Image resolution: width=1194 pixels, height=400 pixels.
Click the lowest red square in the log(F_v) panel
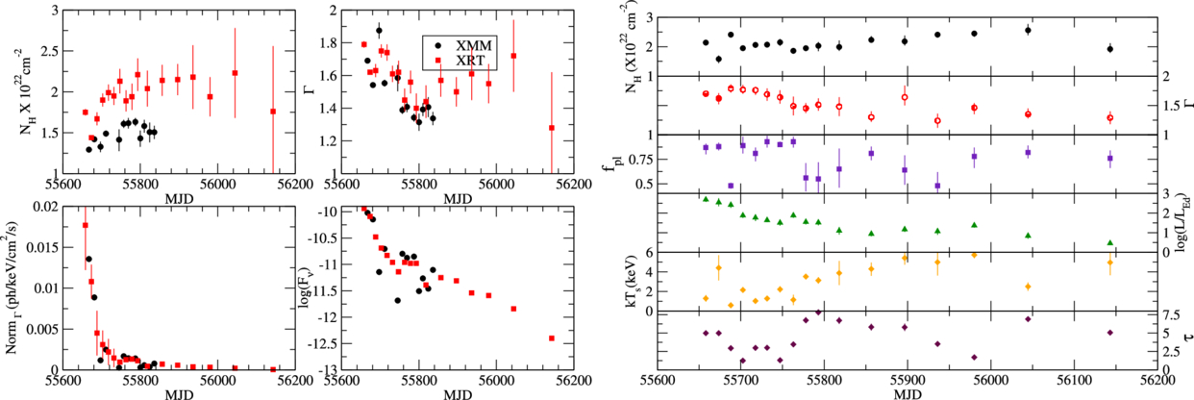pyautogui.click(x=552, y=338)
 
